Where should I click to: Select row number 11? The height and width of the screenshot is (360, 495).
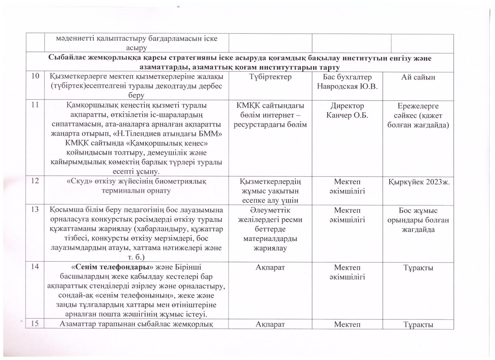coord(35,106)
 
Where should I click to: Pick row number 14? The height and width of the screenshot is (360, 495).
coord(35,267)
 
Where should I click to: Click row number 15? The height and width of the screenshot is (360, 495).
coord(35,324)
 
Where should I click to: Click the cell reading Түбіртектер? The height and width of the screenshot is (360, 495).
coord(270,77)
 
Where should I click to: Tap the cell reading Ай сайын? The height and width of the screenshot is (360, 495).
coord(418,77)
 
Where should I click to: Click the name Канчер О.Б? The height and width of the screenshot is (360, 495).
coord(347,115)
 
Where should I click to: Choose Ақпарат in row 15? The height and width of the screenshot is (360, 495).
coord(270,324)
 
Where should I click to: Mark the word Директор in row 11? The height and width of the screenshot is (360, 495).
coord(347,106)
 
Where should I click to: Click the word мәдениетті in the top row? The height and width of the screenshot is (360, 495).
coord(73,38)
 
